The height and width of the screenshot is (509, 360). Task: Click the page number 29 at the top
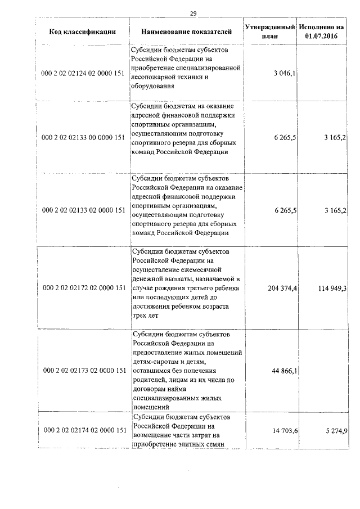tap(193, 13)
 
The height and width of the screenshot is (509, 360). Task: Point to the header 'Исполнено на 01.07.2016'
tap(322, 32)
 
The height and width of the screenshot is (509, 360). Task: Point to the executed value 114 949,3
tap(331, 289)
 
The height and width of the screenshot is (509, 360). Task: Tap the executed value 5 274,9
tap(335, 430)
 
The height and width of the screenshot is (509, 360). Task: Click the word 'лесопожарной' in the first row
tap(155, 77)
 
